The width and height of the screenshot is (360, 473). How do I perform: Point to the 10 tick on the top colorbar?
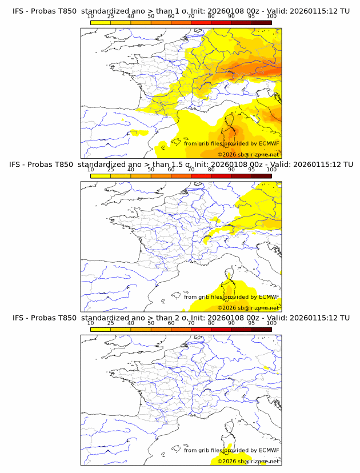point(91,17)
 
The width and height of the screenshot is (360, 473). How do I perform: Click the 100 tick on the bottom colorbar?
point(271,323)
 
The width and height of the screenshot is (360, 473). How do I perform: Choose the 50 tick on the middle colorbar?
point(151,170)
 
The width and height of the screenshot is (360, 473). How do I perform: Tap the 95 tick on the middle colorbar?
point(251,170)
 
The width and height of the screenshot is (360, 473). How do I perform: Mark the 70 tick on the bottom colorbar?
point(191,323)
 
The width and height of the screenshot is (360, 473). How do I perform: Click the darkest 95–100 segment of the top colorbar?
point(261,22)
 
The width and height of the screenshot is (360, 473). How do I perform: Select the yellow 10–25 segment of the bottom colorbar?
point(101,329)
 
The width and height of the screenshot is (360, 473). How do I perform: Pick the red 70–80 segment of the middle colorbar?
point(201,175)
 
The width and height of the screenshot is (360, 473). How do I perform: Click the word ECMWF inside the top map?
point(269,143)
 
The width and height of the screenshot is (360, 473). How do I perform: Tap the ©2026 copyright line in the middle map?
point(248,308)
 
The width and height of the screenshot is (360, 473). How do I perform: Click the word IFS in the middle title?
point(16,165)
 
